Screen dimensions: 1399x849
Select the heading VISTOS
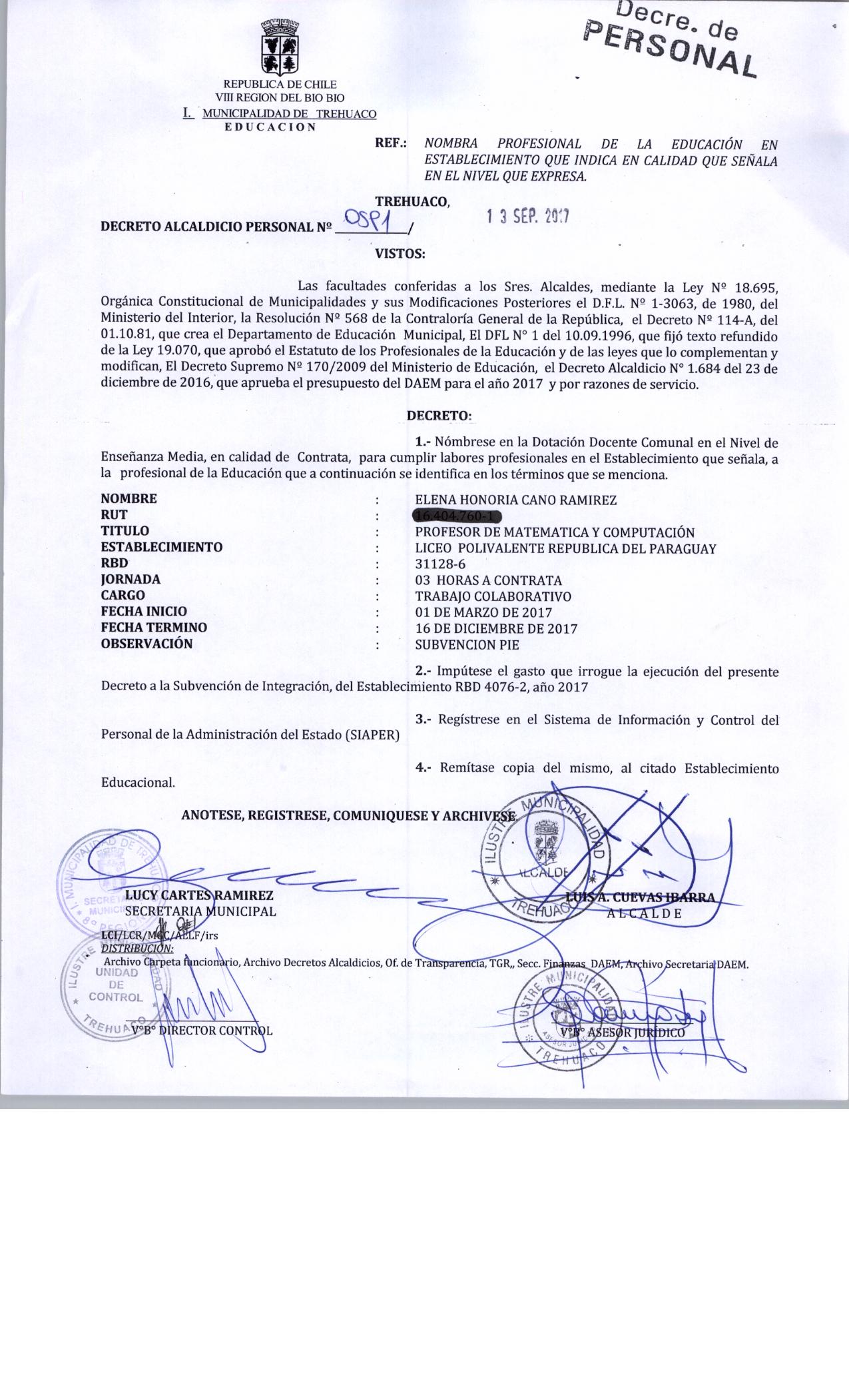coord(400,254)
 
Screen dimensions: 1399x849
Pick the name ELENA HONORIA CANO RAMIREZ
coord(515,500)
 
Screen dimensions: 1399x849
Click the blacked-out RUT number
coord(457,516)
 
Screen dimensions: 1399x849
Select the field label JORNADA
coord(131,580)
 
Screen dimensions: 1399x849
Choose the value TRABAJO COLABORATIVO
coord(493,596)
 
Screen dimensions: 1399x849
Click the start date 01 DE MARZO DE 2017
coord(483,612)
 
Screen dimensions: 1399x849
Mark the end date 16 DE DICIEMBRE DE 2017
coord(496,628)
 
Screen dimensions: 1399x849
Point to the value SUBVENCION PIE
coord(467,645)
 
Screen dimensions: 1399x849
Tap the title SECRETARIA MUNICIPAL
coord(200,911)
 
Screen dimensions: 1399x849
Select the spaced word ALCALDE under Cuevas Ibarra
coord(644,913)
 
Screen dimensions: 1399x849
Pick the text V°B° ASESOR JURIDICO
coord(623,1033)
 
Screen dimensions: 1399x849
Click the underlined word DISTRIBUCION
coord(137,948)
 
